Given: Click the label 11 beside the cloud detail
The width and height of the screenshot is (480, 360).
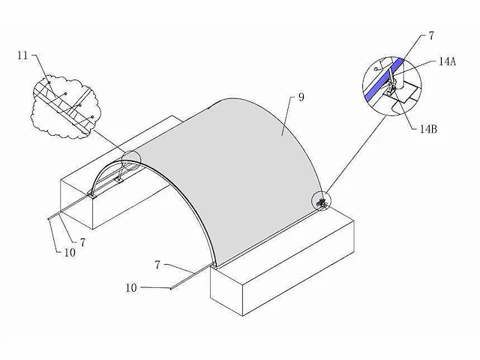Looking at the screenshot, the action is click(22, 55).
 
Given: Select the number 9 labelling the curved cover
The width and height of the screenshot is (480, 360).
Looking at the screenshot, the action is click(301, 97).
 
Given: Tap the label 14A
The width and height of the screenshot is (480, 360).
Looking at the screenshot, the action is click(447, 61).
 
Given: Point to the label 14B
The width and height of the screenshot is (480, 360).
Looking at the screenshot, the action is click(428, 129).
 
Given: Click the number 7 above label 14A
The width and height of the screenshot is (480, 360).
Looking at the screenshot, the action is click(431, 36).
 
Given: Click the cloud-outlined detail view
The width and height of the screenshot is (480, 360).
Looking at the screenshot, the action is click(65, 106).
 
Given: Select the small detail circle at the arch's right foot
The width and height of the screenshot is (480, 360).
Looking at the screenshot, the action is click(321, 202).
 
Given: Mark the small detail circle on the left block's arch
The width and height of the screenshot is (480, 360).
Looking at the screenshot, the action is click(131, 160).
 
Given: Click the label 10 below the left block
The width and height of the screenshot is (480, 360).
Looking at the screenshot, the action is click(70, 253).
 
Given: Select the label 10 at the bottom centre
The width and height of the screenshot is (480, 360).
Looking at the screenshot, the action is click(131, 288).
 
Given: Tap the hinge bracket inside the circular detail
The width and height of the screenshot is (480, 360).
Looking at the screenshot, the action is click(391, 84).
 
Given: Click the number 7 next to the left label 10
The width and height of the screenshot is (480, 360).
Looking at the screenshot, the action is click(82, 242).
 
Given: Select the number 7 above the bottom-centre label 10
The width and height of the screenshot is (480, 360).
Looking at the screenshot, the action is click(157, 265).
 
